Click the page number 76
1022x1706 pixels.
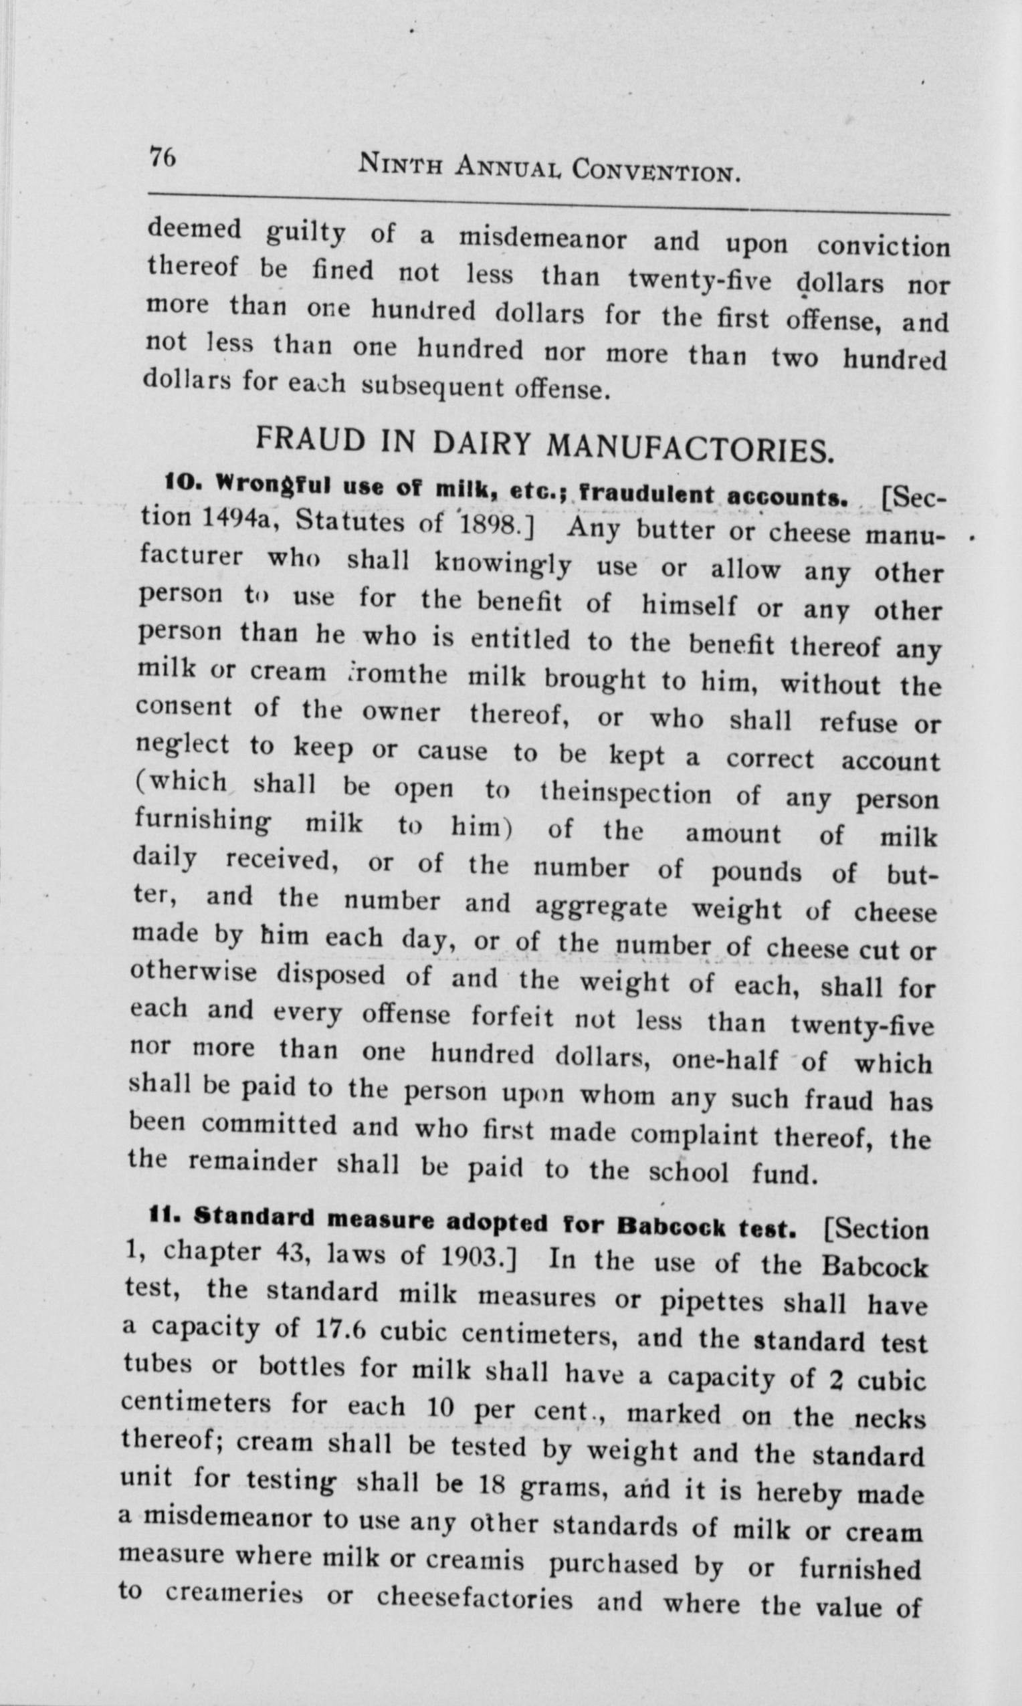163,158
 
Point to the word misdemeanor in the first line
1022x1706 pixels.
542,238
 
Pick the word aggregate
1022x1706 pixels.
601,908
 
